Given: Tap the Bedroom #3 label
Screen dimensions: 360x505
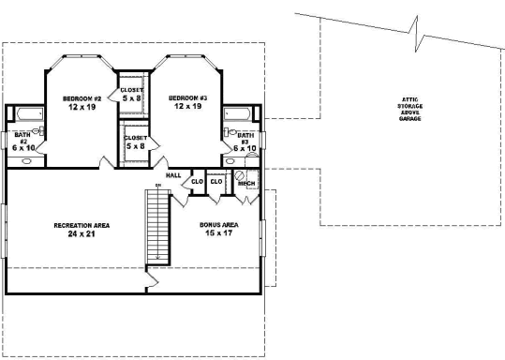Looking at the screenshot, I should (x=188, y=97).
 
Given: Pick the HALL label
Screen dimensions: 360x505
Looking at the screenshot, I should (x=173, y=175).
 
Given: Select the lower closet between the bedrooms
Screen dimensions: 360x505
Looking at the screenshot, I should (x=135, y=142).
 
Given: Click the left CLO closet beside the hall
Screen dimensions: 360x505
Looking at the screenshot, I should (x=198, y=180).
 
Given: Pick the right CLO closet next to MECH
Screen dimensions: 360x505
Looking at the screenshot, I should (x=216, y=181).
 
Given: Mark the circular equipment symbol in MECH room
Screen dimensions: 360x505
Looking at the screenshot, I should (x=239, y=174).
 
